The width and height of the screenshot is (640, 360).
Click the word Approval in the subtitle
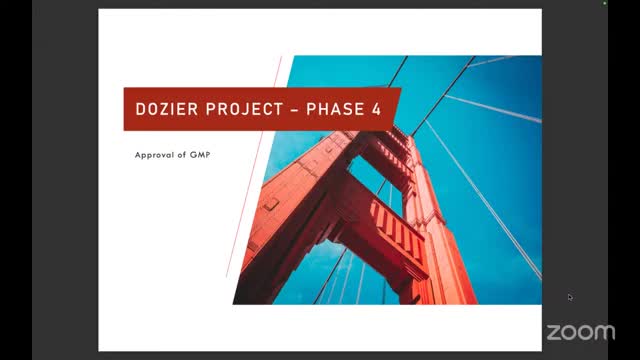click(x=155, y=156)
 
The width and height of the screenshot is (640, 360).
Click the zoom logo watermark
click(x=581, y=331)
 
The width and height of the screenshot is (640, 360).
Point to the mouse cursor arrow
click(x=570, y=297)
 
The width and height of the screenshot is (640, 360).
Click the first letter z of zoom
click(x=553, y=331)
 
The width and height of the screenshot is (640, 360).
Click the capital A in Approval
click(x=138, y=156)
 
